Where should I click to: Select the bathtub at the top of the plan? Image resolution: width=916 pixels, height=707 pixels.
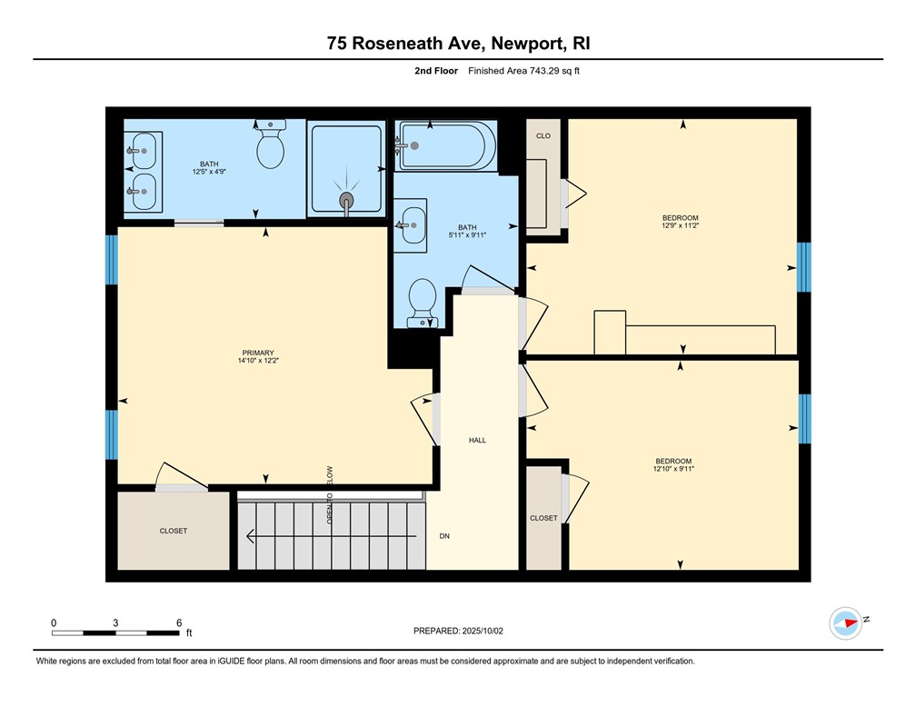tap(446, 145)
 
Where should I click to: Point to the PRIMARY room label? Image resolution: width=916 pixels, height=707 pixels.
tap(258, 353)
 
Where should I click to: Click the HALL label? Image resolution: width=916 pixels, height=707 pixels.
tap(477, 440)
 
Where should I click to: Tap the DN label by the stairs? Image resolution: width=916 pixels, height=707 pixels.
tap(444, 536)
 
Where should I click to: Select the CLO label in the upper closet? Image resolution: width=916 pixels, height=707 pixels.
tap(543, 135)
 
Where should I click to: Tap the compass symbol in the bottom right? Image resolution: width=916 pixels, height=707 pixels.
tap(846, 622)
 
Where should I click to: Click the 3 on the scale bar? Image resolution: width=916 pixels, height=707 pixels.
tap(116, 622)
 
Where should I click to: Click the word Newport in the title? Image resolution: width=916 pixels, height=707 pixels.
tap(520, 43)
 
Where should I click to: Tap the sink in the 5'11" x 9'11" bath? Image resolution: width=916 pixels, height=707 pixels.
tap(413, 221)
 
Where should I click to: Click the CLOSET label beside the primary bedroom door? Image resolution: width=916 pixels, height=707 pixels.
tap(173, 531)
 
